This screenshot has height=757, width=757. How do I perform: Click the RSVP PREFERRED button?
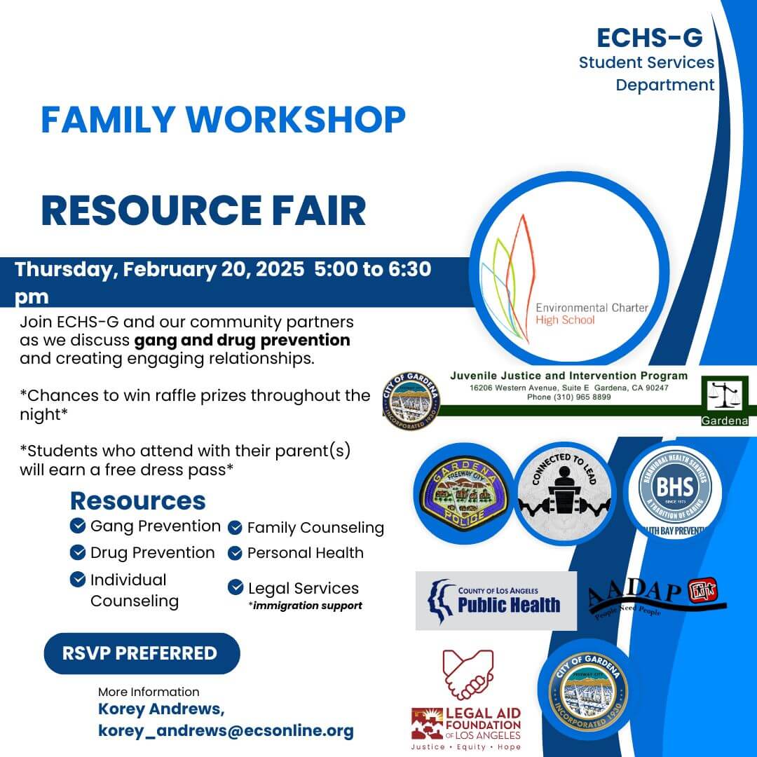point(140,653)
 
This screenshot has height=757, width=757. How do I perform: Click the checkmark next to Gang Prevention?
point(78,526)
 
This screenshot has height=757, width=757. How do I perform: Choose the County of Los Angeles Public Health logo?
point(496,601)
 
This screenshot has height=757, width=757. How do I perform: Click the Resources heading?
point(138,500)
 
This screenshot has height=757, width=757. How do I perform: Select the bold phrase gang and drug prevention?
point(242,341)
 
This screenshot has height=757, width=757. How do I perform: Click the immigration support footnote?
point(305,606)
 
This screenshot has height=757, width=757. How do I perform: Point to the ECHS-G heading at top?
point(649,37)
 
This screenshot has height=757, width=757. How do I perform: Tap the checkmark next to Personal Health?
point(236,553)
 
